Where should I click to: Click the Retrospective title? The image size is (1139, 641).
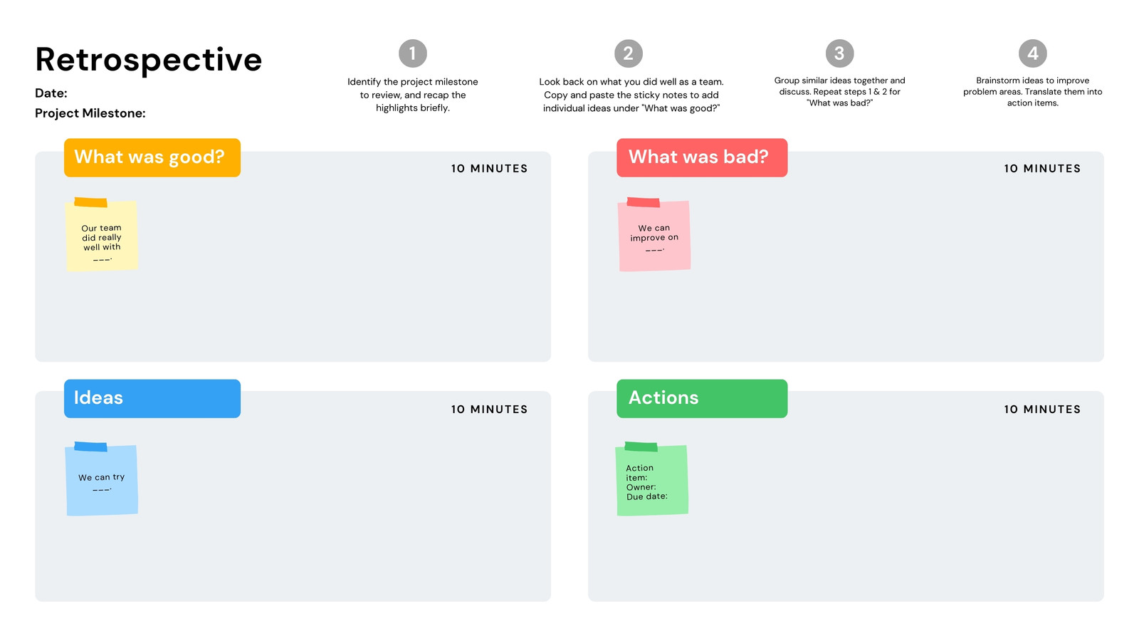tap(149, 61)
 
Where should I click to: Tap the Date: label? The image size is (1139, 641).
tap(51, 93)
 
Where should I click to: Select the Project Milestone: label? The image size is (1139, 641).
tap(90, 113)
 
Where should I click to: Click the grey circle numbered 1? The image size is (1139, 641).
tap(412, 53)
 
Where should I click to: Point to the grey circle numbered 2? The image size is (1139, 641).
tap(629, 53)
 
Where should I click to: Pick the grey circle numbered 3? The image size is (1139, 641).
tap(839, 53)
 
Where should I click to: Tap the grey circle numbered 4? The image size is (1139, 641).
tap(1033, 53)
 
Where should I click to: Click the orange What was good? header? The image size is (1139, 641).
tap(152, 157)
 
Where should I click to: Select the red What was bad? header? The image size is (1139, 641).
tap(702, 157)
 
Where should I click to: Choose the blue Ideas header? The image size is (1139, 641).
tap(152, 398)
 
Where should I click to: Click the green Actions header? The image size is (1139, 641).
tap(702, 398)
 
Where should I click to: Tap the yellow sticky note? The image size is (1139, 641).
tap(102, 235)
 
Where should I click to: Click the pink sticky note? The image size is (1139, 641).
tap(654, 235)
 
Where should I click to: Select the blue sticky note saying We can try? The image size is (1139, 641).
tap(102, 479)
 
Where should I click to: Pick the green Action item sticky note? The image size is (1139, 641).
tap(652, 479)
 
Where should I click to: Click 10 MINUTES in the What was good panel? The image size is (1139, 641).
tap(489, 169)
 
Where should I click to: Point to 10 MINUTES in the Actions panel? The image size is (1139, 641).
tap(1042, 410)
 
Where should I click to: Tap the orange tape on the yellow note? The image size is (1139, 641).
tap(90, 202)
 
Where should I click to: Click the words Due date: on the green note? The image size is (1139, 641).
tap(647, 496)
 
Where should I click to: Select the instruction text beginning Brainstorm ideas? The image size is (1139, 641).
tap(1032, 92)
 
